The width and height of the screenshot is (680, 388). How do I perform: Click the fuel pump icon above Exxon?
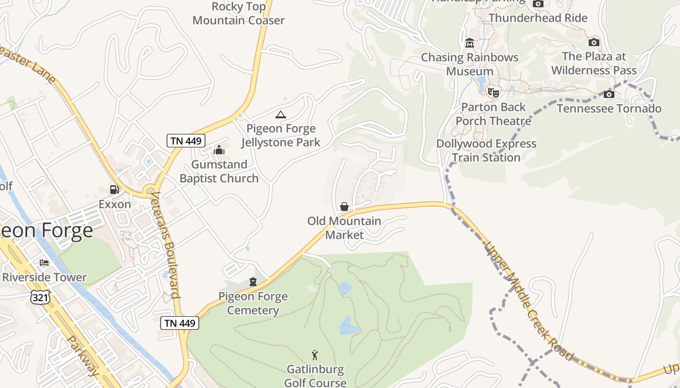point(115,190)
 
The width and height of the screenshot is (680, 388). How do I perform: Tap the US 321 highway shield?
point(40,297)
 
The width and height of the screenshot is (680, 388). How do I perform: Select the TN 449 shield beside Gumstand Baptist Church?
point(186,141)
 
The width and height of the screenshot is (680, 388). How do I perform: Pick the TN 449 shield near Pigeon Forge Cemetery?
point(180,323)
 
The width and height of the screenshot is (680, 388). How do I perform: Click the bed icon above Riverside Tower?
point(44,263)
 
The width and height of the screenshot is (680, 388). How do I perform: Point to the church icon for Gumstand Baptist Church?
point(219,150)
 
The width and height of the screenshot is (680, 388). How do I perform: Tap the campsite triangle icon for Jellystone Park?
point(280,115)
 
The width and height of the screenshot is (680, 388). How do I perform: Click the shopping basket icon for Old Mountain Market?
point(344,207)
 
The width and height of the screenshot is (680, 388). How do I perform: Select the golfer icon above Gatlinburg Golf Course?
point(315,355)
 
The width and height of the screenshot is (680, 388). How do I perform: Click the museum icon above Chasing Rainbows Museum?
point(469,43)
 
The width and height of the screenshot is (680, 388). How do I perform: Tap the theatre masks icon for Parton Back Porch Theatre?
point(493,92)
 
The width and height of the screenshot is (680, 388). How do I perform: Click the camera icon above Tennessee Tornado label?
point(609,94)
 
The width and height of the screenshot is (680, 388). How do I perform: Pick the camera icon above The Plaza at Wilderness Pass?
point(594,42)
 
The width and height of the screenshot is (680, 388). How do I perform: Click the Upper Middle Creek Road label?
point(528,301)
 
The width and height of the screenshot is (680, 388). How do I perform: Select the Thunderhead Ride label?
point(538,18)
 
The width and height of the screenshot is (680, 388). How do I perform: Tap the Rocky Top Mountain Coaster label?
point(238,14)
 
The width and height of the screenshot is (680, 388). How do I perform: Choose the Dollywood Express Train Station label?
point(486,150)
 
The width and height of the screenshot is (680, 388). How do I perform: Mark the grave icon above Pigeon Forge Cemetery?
point(253,282)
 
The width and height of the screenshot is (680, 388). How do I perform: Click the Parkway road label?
point(83,355)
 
